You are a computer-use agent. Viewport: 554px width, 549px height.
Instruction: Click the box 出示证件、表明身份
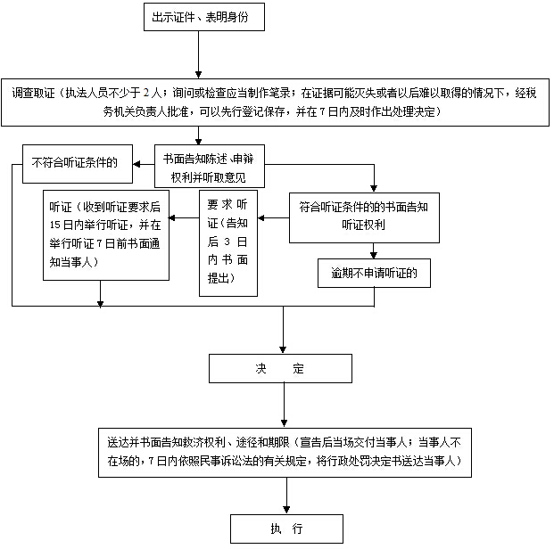click(203, 16)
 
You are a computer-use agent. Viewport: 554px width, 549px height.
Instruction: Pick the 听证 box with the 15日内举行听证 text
click(107, 235)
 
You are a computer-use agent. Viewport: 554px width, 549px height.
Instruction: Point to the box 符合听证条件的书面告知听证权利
click(363, 217)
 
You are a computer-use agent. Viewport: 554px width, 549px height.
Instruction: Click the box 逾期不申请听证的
click(375, 273)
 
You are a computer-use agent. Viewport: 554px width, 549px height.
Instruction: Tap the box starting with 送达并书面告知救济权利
click(285, 451)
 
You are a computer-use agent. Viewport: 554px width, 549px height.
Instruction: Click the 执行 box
click(286, 529)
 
